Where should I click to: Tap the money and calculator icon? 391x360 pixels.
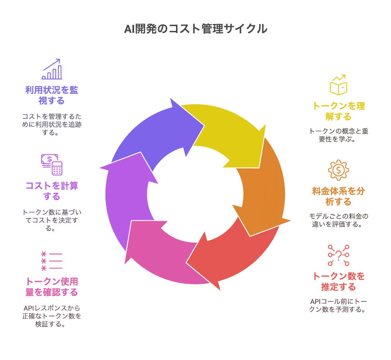pyautogui.click(x=52, y=165)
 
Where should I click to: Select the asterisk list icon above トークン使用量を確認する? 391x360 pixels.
pyautogui.click(x=52, y=261)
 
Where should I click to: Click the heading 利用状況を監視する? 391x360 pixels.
pyautogui.click(x=52, y=96)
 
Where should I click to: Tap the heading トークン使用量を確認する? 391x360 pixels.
pyautogui.click(x=52, y=287)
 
